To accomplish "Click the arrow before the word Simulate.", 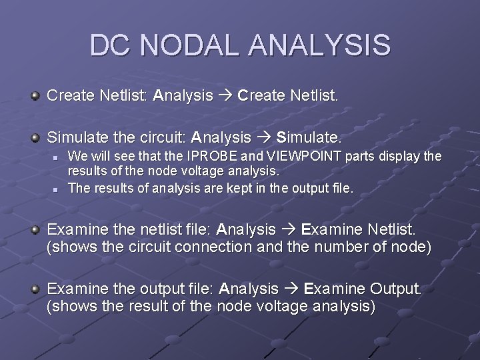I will tap(264, 139).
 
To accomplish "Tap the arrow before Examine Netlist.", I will tap(288, 231).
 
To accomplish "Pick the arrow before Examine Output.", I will tap(291, 289).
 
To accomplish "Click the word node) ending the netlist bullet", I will tap(411, 248).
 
